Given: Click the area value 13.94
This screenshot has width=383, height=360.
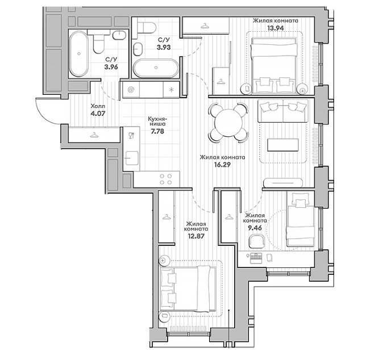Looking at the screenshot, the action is coord(275,28).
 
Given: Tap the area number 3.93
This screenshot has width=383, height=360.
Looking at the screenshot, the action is coord(164,47).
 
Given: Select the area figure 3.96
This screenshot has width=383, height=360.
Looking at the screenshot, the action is coord(111,67).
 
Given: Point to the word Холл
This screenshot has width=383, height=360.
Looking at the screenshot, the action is coord(98,106).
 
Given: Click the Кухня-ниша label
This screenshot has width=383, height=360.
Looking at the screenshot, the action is coord(157,122).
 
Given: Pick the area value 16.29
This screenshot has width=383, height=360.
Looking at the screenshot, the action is coord(222,165).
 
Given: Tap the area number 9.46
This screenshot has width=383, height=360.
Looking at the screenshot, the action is coord(255,228).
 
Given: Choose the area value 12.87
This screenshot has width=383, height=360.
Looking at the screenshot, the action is coord(196,236).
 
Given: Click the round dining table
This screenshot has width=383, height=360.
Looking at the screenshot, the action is coord(228,123).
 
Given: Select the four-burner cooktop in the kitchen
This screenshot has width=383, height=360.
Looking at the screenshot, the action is coord(166,179).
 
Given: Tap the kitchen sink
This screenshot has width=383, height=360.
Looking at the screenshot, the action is coord(131,158).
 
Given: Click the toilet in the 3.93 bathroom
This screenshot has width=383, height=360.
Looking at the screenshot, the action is coord(146,27).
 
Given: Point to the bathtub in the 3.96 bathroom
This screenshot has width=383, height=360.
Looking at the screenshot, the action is coord(78,54).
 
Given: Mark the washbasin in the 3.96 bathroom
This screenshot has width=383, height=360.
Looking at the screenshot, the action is coord(119,35).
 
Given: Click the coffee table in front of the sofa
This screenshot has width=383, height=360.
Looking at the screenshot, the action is coord(283,145).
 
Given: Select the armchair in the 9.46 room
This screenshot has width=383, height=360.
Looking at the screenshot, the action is coord(256,241).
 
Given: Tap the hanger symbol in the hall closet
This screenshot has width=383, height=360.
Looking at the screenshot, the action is coord(94,135).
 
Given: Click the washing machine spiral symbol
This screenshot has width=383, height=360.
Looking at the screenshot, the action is coord(131,90).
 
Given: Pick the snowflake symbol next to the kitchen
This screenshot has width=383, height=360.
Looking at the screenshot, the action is coord(172,90).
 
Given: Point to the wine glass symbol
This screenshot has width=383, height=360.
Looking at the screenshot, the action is coord(131,135).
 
